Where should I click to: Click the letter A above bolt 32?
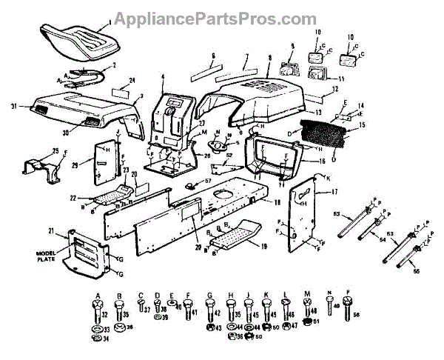(95, 294)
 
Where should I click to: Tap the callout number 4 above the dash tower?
(162, 78)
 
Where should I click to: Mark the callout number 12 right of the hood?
(335, 90)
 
